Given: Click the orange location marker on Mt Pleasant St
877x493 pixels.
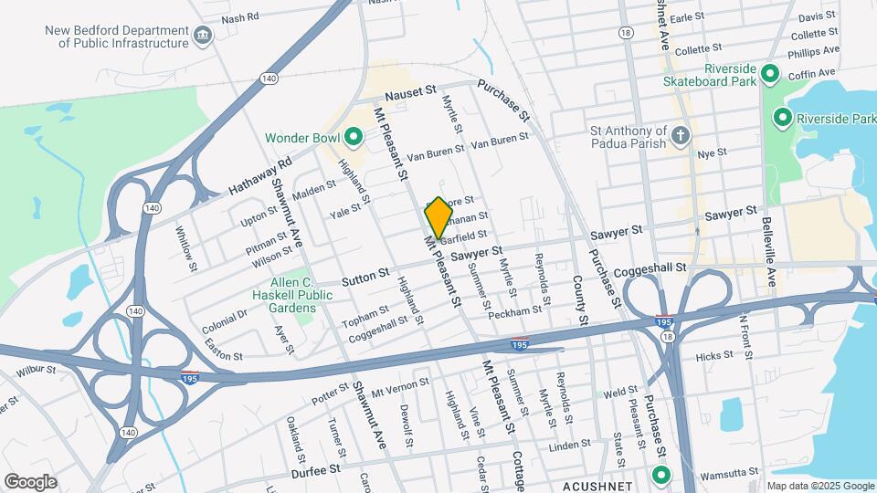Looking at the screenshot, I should pos(438,218).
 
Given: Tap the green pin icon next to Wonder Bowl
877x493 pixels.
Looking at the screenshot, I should pos(354,138).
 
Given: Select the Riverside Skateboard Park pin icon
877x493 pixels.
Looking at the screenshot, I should pos(769,74).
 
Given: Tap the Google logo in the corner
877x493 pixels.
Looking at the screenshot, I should pos(30,481).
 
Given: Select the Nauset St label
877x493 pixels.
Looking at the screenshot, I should pos(405,94).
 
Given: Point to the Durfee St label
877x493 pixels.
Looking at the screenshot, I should pos(315,468).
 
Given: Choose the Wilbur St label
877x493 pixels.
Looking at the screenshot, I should pos(34,372).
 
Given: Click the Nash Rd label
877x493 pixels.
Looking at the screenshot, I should pos(240,17).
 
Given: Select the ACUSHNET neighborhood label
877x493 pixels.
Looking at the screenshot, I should pos(597,485).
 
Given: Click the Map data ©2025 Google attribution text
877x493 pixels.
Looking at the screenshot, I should pos(819,486).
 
